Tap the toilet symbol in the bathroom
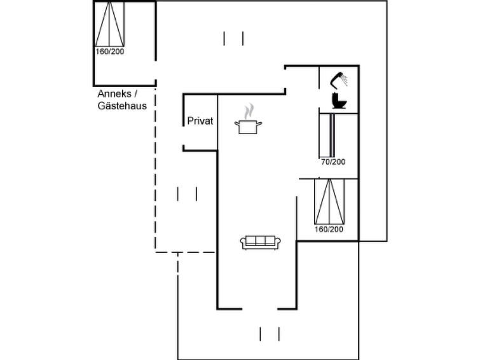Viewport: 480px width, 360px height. point(339,100)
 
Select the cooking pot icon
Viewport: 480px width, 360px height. point(248,127)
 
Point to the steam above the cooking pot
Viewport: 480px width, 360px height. point(249,111)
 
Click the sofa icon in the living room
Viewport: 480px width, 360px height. point(261,242)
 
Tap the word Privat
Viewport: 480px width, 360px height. point(200,121)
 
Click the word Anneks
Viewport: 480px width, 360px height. point(114,93)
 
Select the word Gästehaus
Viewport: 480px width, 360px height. point(122,106)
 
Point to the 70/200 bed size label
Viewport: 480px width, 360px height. point(333,162)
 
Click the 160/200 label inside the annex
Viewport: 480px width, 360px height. point(110,52)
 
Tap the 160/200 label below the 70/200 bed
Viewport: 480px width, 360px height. point(329,229)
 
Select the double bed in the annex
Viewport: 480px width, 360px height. point(109,24)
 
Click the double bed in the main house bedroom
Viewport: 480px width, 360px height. point(329,202)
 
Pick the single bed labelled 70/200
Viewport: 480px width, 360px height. point(327,135)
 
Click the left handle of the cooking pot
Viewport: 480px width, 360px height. point(237,123)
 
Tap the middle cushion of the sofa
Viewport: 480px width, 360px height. point(261,240)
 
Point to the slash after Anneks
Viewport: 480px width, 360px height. point(136,93)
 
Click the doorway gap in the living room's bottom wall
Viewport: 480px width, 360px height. point(260,308)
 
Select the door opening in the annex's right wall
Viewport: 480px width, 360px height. point(156,71)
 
